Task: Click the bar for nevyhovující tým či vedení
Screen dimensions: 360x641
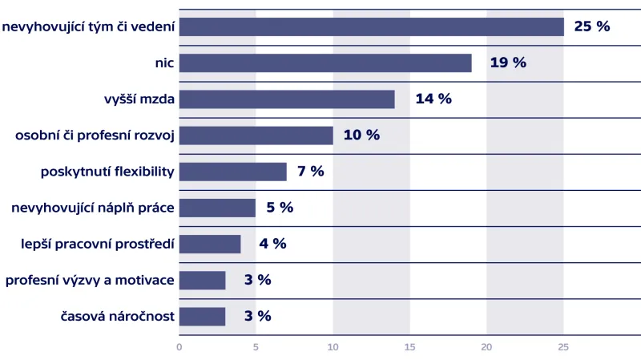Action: click(x=371, y=26)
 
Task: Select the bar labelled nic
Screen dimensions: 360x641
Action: click(x=325, y=63)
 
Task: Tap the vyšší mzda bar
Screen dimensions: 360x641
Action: click(x=287, y=99)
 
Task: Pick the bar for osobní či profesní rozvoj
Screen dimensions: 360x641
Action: click(x=256, y=135)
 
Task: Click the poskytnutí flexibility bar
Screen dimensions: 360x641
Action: click(x=232, y=172)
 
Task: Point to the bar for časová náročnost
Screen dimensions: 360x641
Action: click(x=202, y=316)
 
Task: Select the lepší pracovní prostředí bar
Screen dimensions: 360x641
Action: click(x=210, y=244)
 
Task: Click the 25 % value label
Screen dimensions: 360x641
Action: click(x=592, y=26)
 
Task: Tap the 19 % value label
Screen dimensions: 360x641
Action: click(x=508, y=63)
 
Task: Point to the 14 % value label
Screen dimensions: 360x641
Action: click(x=433, y=99)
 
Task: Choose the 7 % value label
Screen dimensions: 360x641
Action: click(x=310, y=172)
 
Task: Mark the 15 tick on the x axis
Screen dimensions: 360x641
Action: click(x=409, y=347)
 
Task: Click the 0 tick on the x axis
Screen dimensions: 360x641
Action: click(x=179, y=347)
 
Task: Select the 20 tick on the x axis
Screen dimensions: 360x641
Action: click(x=486, y=347)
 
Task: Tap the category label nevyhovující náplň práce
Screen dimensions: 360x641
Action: click(x=93, y=208)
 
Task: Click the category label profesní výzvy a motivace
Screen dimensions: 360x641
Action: click(x=90, y=280)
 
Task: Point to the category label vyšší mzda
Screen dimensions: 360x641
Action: click(x=139, y=99)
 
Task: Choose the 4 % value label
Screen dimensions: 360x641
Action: click(x=272, y=244)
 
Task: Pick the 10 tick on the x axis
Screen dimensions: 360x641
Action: click(x=333, y=347)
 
